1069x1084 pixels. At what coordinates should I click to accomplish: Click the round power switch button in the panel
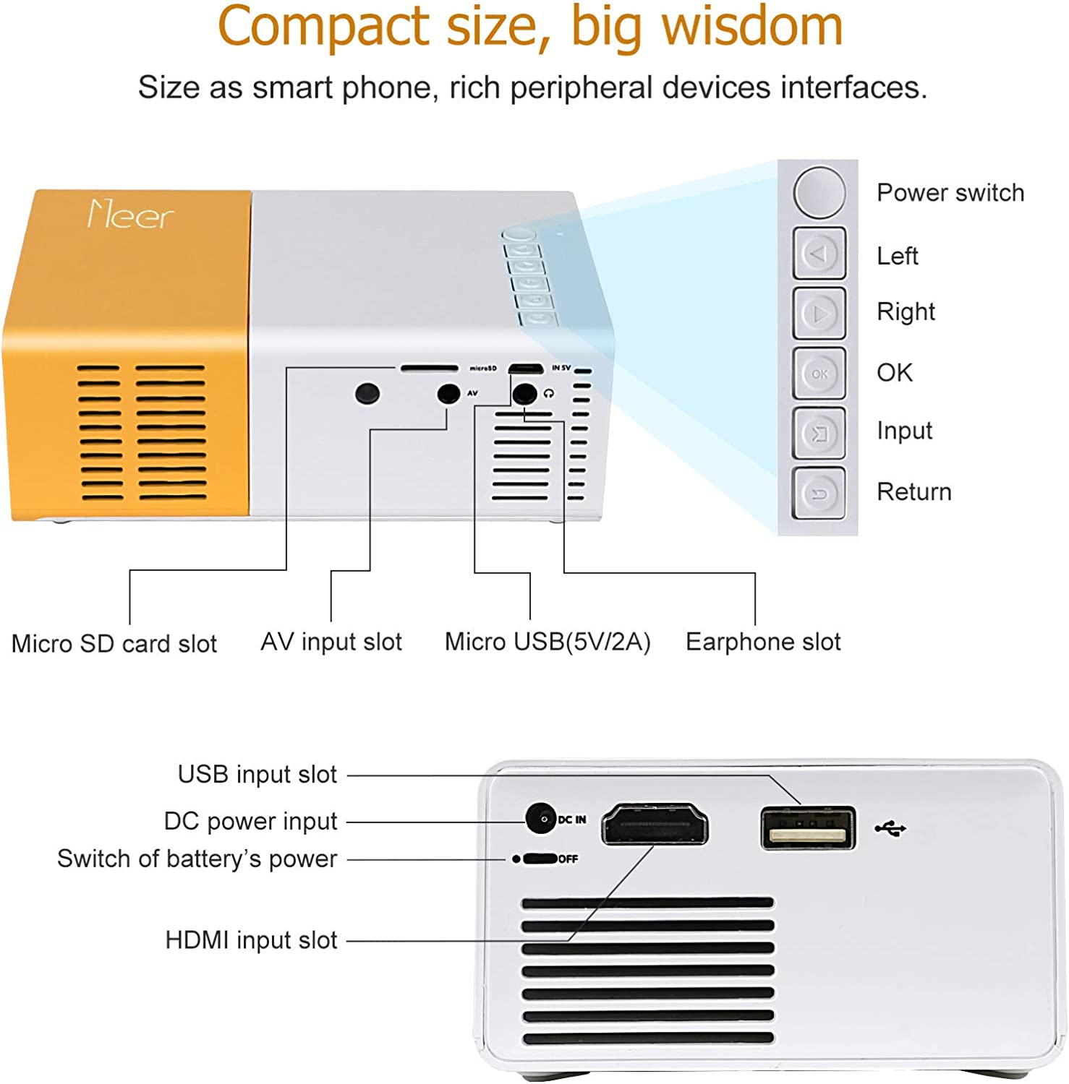coord(819,192)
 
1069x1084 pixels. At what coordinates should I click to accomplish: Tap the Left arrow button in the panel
coord(819,254)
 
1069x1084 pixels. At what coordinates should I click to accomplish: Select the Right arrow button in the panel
coord(819,313)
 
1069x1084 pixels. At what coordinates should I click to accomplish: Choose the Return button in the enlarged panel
coord(819,494)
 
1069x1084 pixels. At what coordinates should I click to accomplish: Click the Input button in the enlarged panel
coord(819,433)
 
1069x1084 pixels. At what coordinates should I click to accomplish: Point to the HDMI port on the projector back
coord(655,824)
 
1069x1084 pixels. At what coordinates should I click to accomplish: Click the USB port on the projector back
coord(808,828)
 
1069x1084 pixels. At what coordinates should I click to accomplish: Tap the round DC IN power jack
coord(540,819)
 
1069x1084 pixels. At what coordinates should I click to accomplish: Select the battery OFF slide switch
coord(540,859)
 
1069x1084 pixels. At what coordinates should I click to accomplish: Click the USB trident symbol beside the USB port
coord(890,828)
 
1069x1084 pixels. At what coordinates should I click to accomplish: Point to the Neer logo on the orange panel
coord(130,215)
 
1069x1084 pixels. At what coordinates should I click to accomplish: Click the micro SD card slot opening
coord(429,369)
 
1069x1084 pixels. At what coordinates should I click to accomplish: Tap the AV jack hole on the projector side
coord(449,394)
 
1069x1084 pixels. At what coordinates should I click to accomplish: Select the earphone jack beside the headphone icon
coord(524,394)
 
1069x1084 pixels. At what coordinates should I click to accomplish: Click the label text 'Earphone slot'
coord(763,642)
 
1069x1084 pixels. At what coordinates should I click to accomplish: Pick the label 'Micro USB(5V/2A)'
coord(548,642)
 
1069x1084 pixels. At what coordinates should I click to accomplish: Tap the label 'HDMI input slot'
coord(251,940)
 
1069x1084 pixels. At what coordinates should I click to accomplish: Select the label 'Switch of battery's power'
coord(197,859)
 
